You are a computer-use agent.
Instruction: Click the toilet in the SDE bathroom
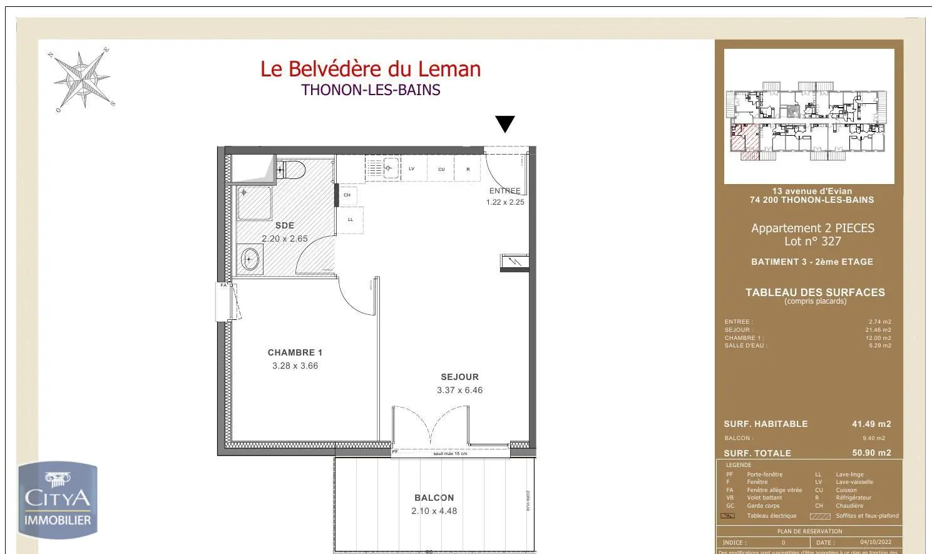[292, 169]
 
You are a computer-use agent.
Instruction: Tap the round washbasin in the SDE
[250, 259]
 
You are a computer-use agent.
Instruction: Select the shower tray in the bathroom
[254, 203]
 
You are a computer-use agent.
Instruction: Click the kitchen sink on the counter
[389, 168]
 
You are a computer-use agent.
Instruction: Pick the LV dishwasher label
[411, 169]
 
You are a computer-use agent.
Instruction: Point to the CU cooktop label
[441, 169]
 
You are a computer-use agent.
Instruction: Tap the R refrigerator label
[468, 169]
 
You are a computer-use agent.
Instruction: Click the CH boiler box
[347, 195]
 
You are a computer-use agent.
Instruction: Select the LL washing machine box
[351, 220]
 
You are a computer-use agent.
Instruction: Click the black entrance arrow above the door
[504, 124]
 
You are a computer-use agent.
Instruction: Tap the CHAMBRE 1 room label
[295, 352]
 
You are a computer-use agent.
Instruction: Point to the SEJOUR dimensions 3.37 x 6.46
[459, 390]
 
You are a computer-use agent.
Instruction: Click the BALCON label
[434, 498]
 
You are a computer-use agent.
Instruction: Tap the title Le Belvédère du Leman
[371, 69]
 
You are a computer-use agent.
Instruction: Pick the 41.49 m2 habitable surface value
[871, 424]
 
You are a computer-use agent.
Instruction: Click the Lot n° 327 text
[812, 242]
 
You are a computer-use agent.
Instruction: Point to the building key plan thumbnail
[809, 116]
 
